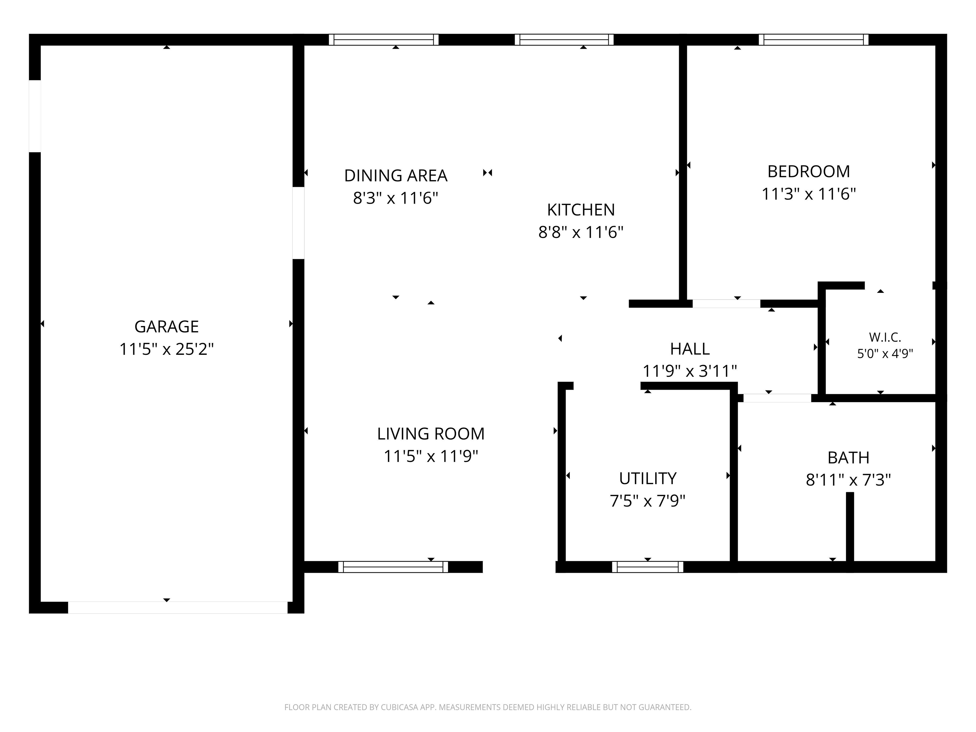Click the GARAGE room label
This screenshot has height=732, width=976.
[166, 327]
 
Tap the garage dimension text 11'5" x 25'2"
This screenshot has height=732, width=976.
[166, 349]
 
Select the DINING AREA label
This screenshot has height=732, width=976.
[396, 176]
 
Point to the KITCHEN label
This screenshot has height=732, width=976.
[581, 210]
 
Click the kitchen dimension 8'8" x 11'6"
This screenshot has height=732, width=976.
[581, 232]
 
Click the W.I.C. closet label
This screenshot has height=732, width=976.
[885, 337]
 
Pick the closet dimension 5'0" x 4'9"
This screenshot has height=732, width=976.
[885, 353]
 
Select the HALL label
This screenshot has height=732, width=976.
[690, 349]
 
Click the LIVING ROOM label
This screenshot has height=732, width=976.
[430, 434]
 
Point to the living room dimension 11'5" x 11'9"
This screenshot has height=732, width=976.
[430, 456]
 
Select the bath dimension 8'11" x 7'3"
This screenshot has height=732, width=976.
[848, 480]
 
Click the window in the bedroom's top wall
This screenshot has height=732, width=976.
[814, 40]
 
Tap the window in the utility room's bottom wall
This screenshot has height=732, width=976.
[647, 567]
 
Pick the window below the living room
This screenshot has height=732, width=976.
[393, 567]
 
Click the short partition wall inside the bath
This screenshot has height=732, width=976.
[850, 528]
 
